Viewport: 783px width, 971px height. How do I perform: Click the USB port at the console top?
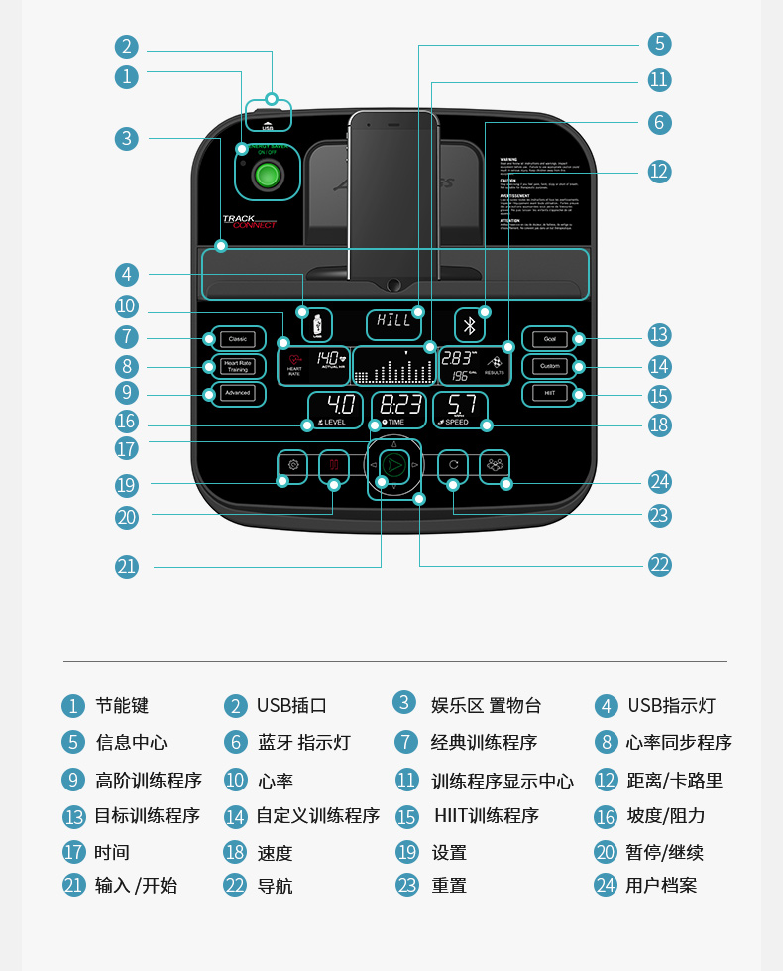(268, 118)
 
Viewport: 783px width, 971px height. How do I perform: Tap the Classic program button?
(237, 339)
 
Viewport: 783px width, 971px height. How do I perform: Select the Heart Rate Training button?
(237, 366)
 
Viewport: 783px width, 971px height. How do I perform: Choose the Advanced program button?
(237, 393)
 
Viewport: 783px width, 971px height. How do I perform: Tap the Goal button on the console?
(549, 339)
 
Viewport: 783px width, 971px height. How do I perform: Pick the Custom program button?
(549, 366)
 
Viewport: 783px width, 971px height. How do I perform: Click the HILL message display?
(393, 322)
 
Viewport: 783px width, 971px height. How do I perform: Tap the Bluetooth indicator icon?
(471, 325)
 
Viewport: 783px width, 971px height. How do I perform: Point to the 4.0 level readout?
(335, 408)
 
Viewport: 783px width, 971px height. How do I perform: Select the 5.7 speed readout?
(460, 408)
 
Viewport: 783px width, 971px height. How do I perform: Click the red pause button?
(334, 464)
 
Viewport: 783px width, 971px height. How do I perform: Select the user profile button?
(495, 464)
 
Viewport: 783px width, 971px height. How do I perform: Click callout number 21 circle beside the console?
(126, 567)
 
